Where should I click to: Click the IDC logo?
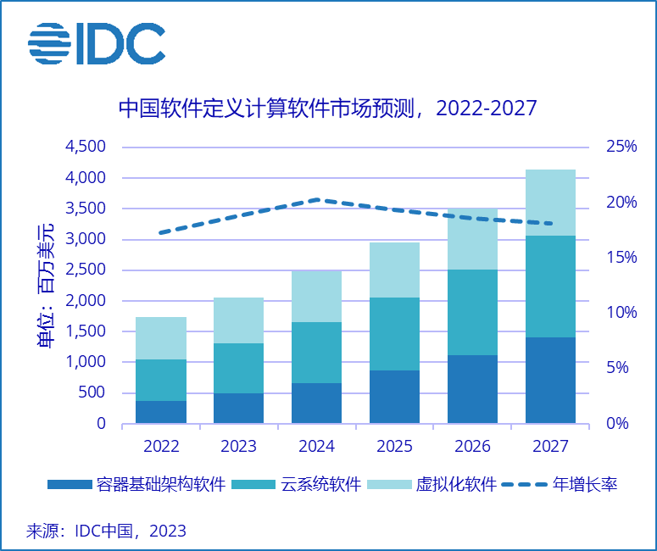pyautogui.click(x=96, y=43)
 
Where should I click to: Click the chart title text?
pyautogui.click(x=327, y=109)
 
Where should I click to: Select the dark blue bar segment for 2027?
pyautogui.click(x=550, y=380)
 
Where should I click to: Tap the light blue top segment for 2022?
pyautogui.click(x=161, y=338)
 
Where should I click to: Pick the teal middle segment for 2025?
pyautogui.click(x=394, y=334)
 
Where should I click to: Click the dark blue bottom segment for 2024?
pyautogui.click(x=316, y=403)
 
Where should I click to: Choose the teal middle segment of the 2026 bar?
pyautogui.click(x=472, y=312)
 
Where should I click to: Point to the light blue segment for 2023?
pyautogui.click(x=238, y=320)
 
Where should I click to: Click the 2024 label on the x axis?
pyautogui.click(x=316, y=446)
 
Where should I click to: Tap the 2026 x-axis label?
pyautogui.click(x=472, y=446)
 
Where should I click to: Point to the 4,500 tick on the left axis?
pyautogui.click(x=85, y=147)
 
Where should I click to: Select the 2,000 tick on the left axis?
pyautogui.click(x=85, y=301)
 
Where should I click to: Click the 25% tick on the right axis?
pyautogui.click(x=621, y=147)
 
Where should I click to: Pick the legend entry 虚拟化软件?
pyautogui.click(x=454, y=485)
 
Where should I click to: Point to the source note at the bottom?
pyautogui.click(x=106, y=532)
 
